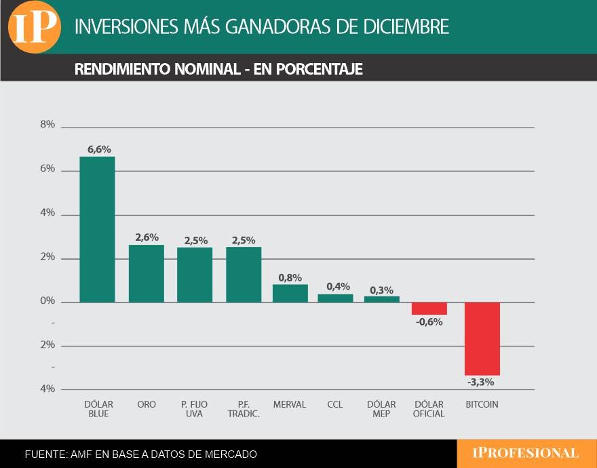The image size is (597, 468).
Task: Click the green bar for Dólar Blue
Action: pos(97,229)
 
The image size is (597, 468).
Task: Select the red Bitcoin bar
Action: pos(482,338)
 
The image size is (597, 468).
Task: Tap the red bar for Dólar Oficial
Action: pos(429,309)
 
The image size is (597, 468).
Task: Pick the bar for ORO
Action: pos(147,273)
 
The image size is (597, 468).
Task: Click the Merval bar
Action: pos(290,293)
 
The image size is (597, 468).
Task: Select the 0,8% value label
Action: pos(290,277)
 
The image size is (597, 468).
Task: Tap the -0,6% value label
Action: pos(429,322)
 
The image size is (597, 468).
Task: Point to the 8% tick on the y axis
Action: pos(47,125)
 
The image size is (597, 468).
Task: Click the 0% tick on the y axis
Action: pos(47,301)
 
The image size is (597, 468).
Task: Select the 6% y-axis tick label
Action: pos(47,169)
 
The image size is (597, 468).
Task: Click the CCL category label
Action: pos(334,404)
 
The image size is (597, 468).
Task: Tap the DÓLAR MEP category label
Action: pos(381,409)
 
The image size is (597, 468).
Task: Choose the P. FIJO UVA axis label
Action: pos(195,409)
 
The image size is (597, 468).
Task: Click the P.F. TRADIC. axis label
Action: pos(244,409)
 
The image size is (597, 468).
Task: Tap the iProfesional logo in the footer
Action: pos(526,453)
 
